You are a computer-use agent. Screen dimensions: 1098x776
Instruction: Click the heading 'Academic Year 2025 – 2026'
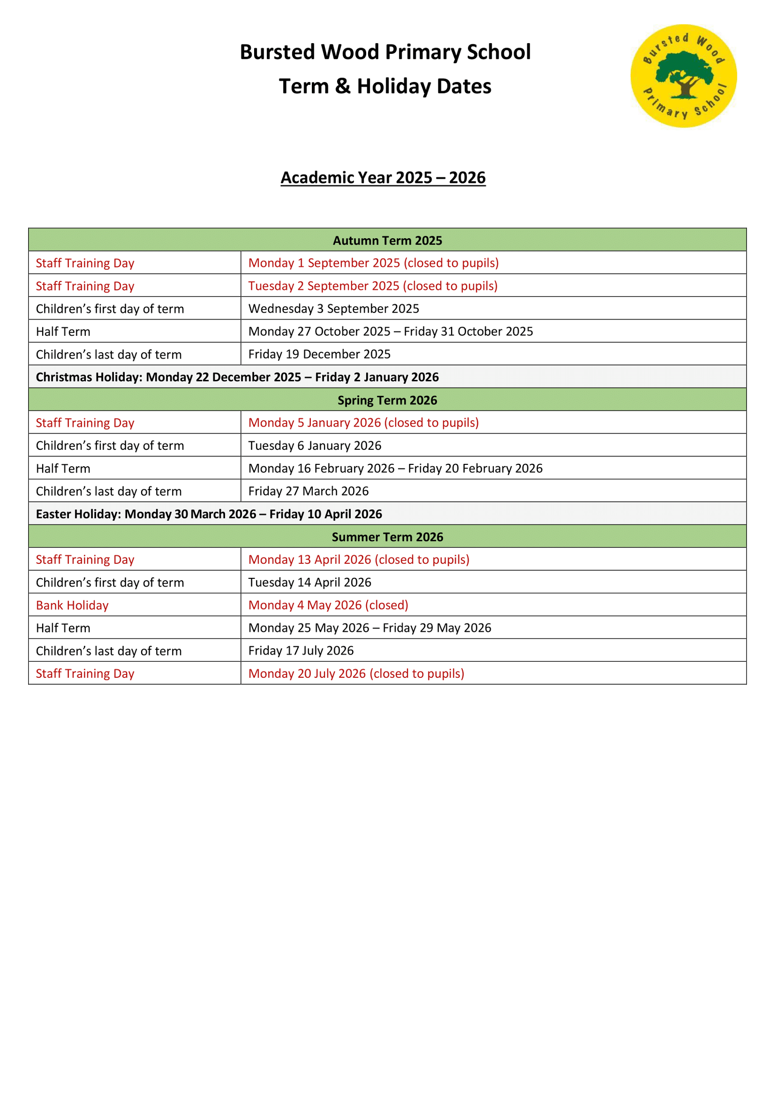coord(383,178)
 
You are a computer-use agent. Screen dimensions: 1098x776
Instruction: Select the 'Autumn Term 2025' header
coord(387,240)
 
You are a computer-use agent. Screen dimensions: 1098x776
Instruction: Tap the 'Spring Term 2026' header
coord(387,400)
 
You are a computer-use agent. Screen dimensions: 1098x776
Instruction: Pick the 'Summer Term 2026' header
coord(387,537)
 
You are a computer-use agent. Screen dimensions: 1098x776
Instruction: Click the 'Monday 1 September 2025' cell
coord(373,263)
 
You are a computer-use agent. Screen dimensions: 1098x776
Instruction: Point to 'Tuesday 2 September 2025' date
coord(372,286)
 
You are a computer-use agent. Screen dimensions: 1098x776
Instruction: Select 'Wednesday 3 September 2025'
coord(334,309)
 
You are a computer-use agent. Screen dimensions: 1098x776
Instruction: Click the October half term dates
coord(390,331)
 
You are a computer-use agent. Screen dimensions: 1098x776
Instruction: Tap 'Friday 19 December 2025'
coord(319,354)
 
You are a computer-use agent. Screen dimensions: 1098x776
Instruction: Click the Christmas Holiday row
coord(237,377)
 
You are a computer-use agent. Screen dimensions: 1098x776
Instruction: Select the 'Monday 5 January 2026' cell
coord(363,423)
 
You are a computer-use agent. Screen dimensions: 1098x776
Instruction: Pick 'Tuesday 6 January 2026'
coord(315,445)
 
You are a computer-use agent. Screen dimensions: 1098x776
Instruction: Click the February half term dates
coord(395,468)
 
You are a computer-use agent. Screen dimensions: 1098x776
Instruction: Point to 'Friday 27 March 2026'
coord(308,491)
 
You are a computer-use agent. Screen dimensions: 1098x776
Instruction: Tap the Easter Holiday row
coord(209,514)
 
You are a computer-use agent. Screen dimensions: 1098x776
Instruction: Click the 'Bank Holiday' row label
coord(72,605)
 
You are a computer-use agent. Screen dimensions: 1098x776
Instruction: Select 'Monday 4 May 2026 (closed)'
coord(328,605)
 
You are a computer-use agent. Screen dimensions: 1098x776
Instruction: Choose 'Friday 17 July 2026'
coord(301,651)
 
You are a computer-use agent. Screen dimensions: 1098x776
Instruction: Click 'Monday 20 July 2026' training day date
coord(356,673)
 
